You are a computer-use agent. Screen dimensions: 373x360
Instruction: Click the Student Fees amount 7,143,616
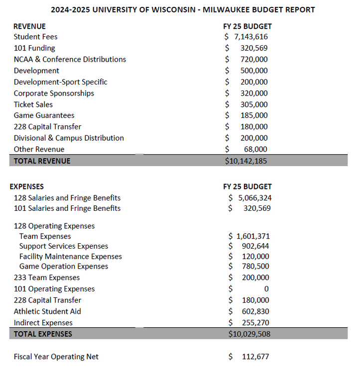tap(251, 37)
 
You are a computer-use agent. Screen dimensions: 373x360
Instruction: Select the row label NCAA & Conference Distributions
tap(70, 59)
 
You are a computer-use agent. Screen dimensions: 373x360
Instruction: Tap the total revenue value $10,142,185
tap(247, 161)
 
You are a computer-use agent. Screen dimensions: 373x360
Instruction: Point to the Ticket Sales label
tap(33, 104)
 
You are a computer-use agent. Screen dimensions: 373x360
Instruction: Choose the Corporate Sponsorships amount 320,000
tap(254, 93)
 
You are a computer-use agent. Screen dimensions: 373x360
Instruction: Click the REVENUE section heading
tap(29, 26)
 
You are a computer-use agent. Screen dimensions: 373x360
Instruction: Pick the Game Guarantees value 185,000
tap(254, 115)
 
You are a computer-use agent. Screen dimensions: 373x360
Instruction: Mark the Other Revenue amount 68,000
tap(255, 149)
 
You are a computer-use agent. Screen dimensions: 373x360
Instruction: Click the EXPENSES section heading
tap(27, 186)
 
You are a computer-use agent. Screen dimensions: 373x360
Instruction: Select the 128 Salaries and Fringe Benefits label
tap(67, 197)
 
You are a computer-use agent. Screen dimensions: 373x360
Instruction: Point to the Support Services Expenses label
tap(64, 246)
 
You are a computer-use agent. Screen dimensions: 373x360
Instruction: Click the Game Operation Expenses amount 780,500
tap(255, 267)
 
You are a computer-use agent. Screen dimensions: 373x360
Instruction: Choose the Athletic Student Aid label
tap(47, 311)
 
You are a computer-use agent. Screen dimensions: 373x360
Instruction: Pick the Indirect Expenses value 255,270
tap(255, 323)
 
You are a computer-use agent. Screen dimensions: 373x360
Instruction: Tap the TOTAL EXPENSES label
tap(43, 334)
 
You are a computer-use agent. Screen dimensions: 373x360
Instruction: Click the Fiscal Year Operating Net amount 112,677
tap(255, 357)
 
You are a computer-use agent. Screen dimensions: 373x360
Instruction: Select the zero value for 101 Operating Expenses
tap(266, 289)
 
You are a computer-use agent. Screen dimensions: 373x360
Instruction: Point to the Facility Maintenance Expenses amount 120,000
tap(255, 257)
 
